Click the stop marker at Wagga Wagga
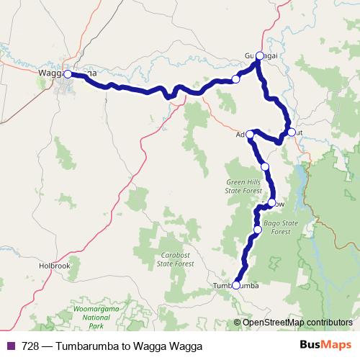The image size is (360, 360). (68, 73)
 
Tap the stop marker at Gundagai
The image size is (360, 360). (260, 55)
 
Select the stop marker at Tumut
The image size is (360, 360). (291, 132)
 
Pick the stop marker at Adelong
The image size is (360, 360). (251, 133)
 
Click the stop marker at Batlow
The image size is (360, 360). (271, 203)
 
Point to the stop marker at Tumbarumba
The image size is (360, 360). (236, 285)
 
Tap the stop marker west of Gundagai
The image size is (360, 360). (235, 79)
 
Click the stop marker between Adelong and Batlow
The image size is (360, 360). (265, 166)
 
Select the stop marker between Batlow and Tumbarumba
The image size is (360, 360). (258, 230)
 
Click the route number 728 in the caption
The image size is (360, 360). (30, 346)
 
